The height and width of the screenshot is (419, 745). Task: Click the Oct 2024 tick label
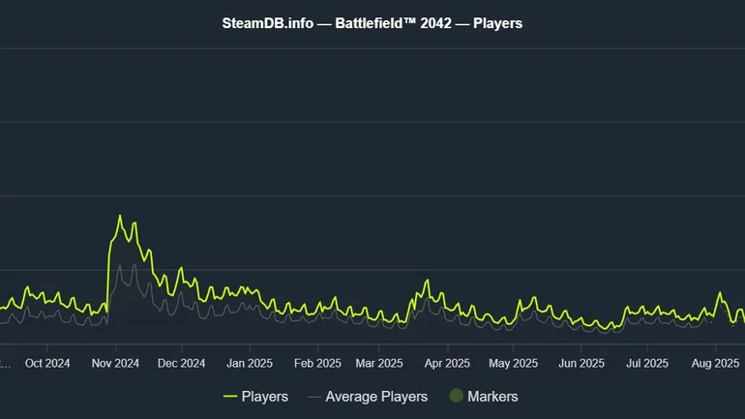coord(47,364)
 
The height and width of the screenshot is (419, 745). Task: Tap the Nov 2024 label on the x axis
coord(115,364)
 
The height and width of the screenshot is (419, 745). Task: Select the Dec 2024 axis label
coord(181,364)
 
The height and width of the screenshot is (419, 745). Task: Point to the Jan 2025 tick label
coord(249,364)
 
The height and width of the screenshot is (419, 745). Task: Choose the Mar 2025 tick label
coord(378,364)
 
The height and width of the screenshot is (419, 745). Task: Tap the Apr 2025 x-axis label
coord(447,364)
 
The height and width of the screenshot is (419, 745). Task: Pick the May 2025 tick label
coord(513,364)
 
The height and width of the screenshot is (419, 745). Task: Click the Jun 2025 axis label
coord(581,364)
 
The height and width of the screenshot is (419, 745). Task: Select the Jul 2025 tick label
coord(647,364)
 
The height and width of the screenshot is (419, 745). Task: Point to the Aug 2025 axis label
coord(714,364)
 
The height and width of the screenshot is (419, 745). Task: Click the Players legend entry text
coord(264,396)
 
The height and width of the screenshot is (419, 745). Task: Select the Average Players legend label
coord(376,396)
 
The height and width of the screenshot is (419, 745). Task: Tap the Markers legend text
coord(492,396)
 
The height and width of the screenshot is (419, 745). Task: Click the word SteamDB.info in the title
coord(267,22)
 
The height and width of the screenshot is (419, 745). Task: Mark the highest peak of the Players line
coord(120,216)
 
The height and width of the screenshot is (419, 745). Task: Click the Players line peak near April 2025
coord(426,281)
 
